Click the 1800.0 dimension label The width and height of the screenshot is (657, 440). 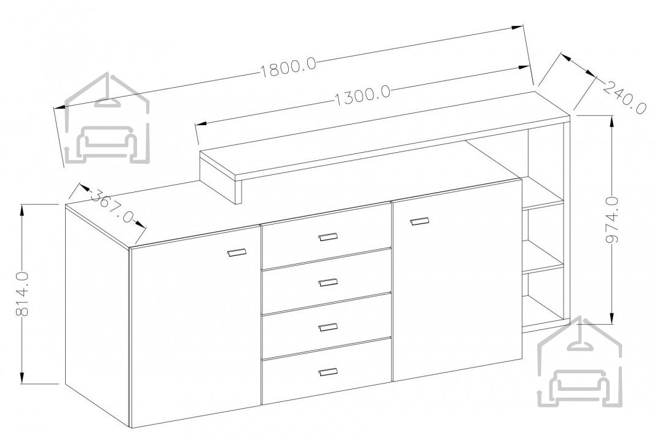(289, 68)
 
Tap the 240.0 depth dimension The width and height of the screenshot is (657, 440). (624, 98)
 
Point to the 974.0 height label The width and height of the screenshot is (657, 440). (613, 220)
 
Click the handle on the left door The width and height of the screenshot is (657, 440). (237, 252)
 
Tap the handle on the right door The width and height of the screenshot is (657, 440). (420, 221)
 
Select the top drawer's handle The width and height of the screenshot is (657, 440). (328, 237)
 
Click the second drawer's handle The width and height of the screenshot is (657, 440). (328, 282)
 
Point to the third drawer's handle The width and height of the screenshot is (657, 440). (328, 326)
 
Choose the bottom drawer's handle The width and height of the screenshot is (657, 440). (328, 372)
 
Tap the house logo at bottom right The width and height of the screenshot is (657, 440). (580, 362)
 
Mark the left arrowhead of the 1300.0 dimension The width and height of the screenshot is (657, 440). (202, 124)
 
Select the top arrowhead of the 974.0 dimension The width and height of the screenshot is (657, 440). (613, 122)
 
